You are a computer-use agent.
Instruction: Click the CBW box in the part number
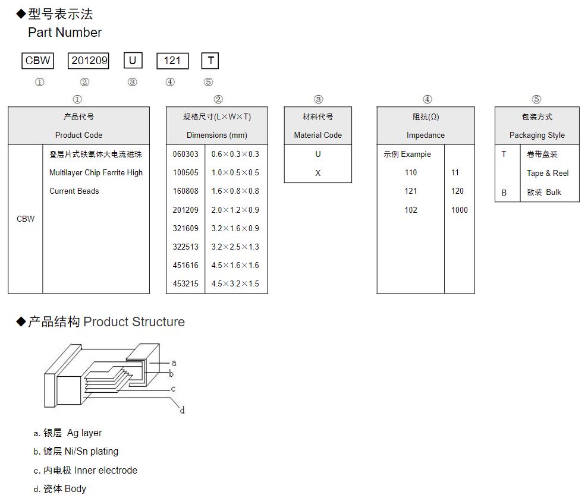(37, 61)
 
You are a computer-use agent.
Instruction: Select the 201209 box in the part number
(89, 61)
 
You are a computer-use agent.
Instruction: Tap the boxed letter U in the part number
(133, 61)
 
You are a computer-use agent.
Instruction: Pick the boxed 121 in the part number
(172, 61)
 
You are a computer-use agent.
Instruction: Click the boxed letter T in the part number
(210, 61)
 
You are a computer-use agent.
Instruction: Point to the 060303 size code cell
(185, 154)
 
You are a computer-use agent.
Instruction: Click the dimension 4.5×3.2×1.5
(235, 283)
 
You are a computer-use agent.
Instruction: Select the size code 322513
(185, 247)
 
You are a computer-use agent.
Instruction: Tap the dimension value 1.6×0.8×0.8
(235, 191)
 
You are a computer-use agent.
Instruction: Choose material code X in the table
(318, 173)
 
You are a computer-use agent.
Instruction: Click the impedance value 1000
(459, 210)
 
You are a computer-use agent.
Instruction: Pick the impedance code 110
(411, 173)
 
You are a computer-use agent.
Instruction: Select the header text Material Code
(318, 135)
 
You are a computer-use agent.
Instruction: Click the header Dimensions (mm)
(217, 135)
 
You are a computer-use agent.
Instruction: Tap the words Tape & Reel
(548, 173)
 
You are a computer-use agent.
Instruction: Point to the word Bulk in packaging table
(554, 192)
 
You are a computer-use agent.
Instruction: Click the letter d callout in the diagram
(183, 410)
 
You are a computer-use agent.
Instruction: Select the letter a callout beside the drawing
(174, 363)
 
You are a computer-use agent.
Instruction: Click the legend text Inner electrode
(106, 470)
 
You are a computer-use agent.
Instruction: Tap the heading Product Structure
(134, 322)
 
